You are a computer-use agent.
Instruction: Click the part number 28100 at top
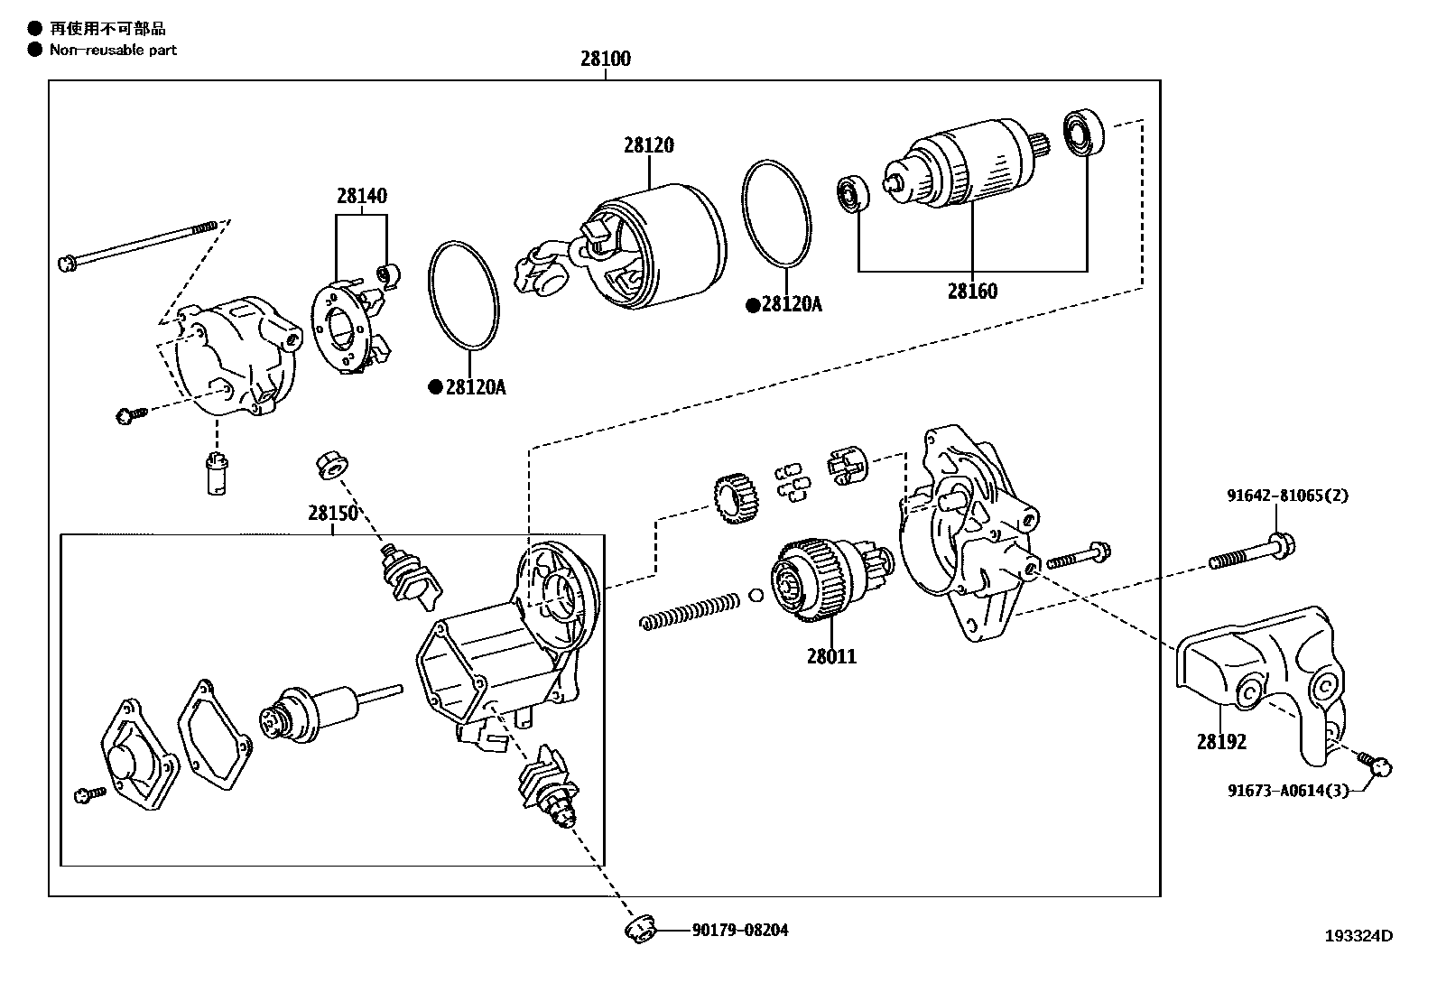point(605,60)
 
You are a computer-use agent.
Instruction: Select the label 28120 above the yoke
point(648,145)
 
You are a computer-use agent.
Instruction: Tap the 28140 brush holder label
point(362,196)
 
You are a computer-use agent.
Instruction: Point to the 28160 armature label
point(972,292)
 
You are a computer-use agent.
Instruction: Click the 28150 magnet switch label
point(333,513)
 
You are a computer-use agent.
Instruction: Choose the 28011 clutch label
point(831,656)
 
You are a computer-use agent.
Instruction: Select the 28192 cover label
point(1221,742)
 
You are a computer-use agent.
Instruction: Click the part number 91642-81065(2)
point(1287,496)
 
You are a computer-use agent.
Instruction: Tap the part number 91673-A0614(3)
point(1288,791)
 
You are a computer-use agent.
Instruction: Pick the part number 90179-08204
point(740,930)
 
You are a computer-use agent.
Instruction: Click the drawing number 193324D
point(1358,936)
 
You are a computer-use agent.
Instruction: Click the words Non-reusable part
point(113,51)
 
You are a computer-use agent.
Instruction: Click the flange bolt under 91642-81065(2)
point(1250,552)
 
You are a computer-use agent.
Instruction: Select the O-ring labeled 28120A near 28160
point(776,214)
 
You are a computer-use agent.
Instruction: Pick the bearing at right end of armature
point(1081,133)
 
